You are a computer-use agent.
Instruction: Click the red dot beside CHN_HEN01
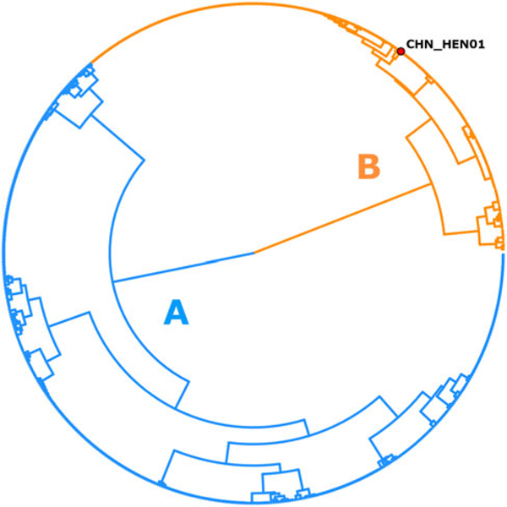[401, 51]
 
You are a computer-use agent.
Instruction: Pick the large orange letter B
[368, 166]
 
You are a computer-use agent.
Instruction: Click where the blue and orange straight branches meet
[253, 252]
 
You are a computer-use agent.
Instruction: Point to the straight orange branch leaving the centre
[346, 219]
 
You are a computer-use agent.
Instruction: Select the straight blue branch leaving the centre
[182, 266]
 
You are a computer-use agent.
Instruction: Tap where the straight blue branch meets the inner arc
[112, 281]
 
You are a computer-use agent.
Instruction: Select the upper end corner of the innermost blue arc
[144, 155]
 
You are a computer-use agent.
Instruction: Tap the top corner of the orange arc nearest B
[408, 135]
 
